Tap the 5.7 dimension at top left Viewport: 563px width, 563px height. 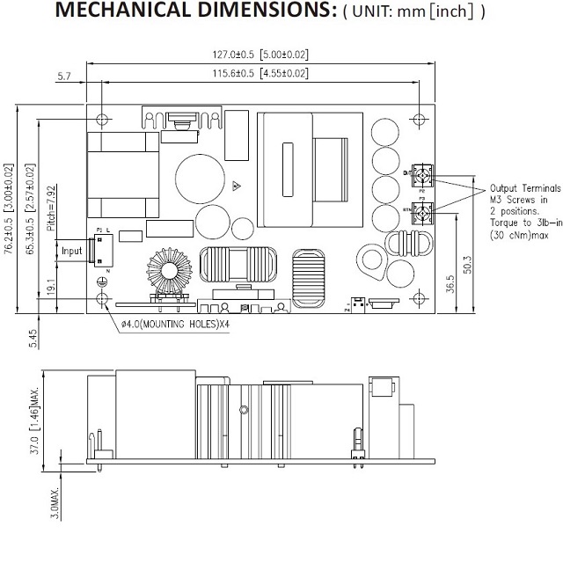pyautogui.click(x=63, y=77)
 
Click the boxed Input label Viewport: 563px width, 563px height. pyautogui.click(x=71, y=251)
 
